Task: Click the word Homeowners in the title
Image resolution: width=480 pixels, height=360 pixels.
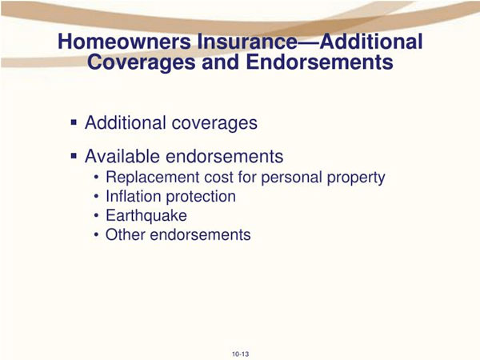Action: pyautogui.click(x=124, y=42)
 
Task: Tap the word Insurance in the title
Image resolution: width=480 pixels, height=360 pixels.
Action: pyautogui.click(x=247, y=42)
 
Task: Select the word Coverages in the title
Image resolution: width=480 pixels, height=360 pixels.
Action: pyautogui.click(x=141, y=62)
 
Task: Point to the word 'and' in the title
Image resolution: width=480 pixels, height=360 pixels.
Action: pyautogui.click(x=221, y=62)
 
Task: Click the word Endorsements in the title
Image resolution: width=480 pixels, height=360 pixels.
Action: pyautogui.click(x=319, y=62)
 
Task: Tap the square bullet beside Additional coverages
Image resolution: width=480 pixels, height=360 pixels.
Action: pyautogui.click(x=74, y=122)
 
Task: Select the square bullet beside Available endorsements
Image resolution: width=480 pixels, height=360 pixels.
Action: pyautogui.click(x=74, y=156)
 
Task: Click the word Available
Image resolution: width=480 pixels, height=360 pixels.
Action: pyautogui.click(x=122, y=156)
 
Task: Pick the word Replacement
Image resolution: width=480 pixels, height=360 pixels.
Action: pyautogui.click(x=153, y=178)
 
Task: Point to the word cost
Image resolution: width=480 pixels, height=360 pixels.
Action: pyautogui.click(x=219, y=178)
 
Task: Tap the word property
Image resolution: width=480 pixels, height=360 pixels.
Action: pyautogui.click(x=356, y=178)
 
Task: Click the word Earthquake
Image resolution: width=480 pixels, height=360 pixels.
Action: pyautogui.click(x=146, y=215)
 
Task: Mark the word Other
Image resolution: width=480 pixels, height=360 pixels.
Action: pyautogui.click(x=126, y=234)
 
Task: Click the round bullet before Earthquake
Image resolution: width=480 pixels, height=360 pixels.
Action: pyautogui.click(x=97, y=216)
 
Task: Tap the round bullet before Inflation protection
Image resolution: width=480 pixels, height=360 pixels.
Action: pyautogui.click(x=97, y=197)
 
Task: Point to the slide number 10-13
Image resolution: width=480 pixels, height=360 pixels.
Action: pyautogui.click(x=240, y=354)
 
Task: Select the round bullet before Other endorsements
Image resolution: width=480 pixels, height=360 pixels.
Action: pyautogui.click(x=97, y=235)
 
